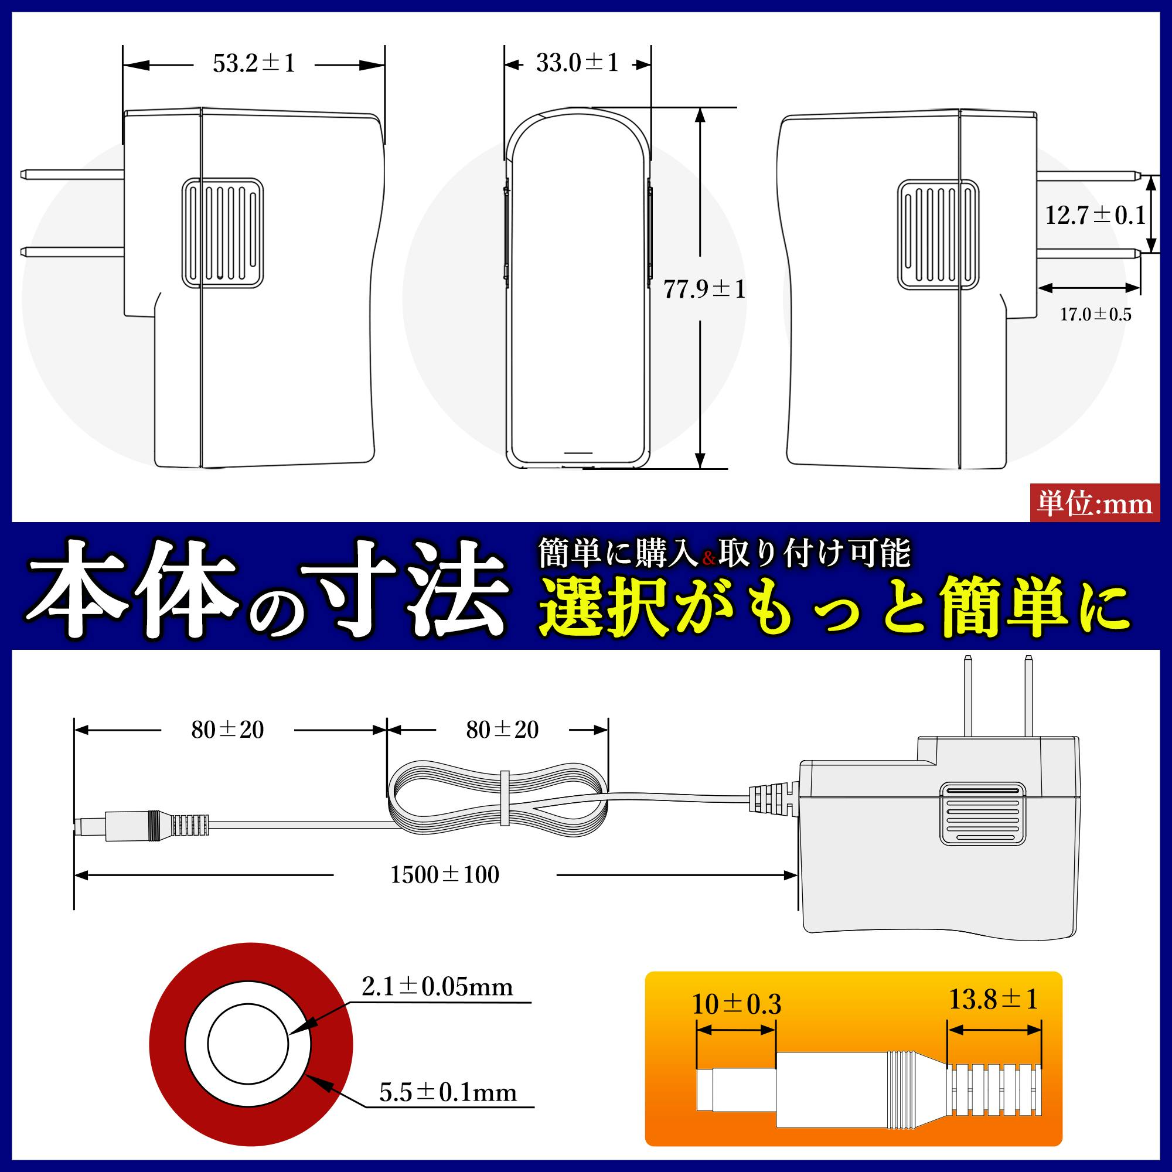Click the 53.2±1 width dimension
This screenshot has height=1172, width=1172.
coord(254,64)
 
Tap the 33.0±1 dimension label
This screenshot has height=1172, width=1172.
coord(577,63)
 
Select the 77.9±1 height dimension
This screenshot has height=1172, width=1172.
coord(704,289)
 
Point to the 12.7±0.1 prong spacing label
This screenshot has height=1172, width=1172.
coord(1094,215)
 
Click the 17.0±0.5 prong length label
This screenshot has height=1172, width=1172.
coord(1096,314)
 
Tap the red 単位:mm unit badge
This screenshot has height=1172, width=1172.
coord(1095,503)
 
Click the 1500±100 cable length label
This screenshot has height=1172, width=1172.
coord(445,875)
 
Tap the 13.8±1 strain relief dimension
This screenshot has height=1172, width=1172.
coord(993,999)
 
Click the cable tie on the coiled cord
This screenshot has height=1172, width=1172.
coord(504,798)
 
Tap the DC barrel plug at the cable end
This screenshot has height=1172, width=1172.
coord(131,826)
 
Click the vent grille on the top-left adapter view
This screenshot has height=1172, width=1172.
coord(222,231)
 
